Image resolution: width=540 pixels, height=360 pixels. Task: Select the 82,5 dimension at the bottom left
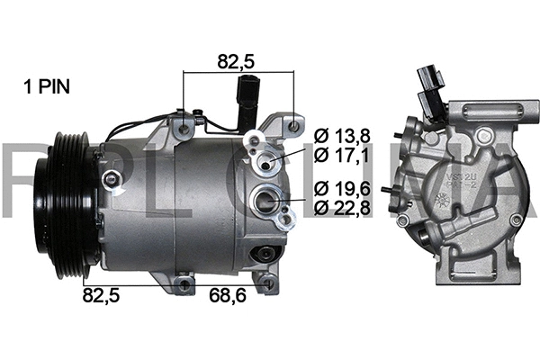(102, 294)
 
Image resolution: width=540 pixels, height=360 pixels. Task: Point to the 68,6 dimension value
(229, 294)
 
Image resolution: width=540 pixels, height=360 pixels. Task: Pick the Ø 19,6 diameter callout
(344, 188)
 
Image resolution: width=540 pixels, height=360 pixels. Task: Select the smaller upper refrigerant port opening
(266, 162)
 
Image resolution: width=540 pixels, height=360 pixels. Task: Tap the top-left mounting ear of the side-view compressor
(185, 126)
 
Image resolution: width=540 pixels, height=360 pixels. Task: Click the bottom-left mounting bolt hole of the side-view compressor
(184, 284)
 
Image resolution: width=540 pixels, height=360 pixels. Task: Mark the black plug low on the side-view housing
(265, 256)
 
